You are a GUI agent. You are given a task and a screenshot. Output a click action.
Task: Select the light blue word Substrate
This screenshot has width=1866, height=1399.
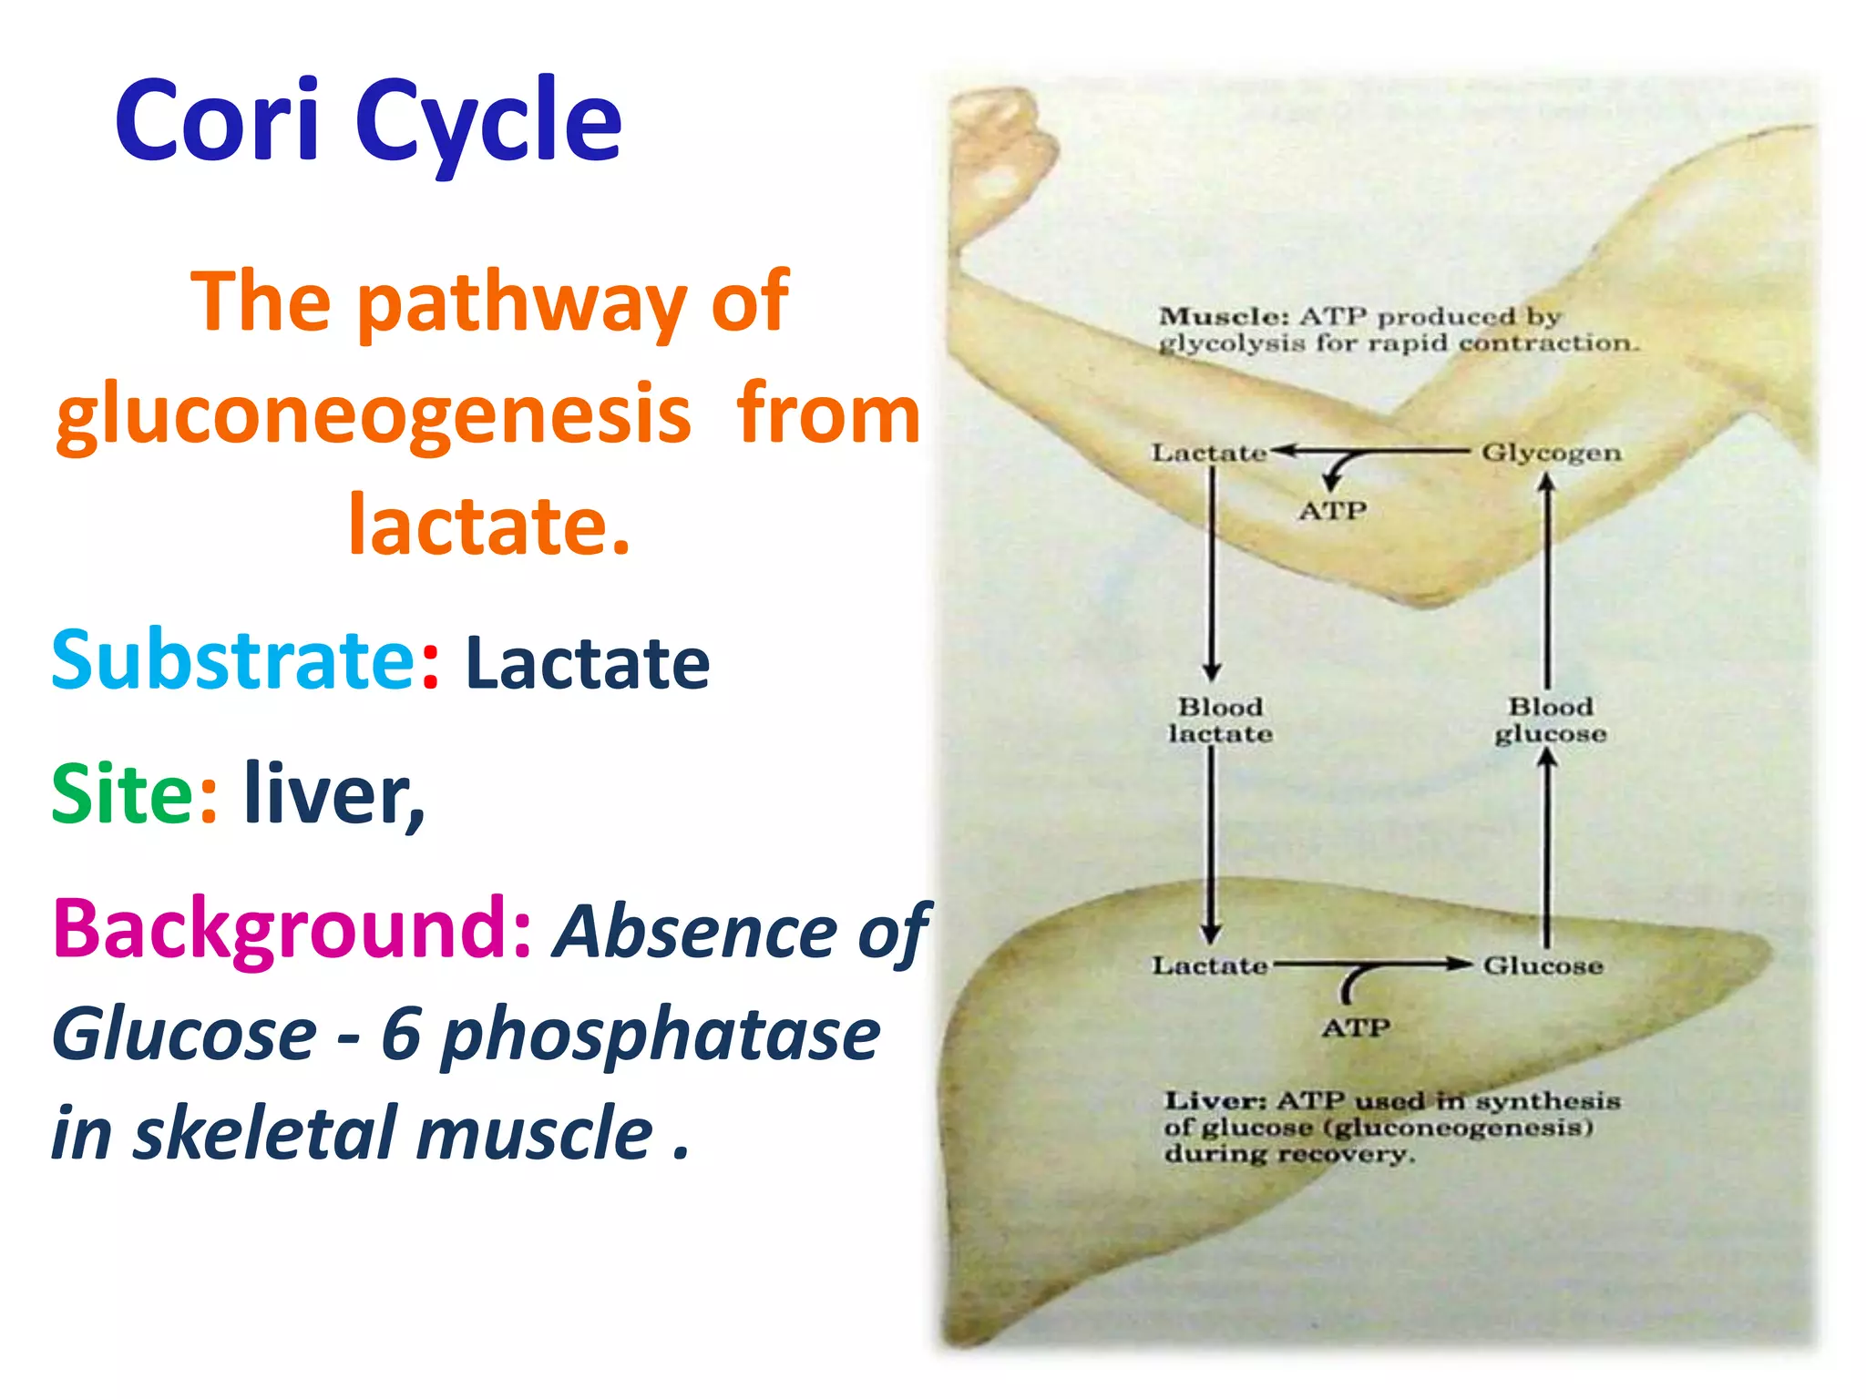(233, 660)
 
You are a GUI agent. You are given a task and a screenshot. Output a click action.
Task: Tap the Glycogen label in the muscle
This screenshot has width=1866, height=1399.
(1551, 453)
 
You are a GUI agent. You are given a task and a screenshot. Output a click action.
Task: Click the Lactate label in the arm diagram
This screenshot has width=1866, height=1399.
(1208, 453)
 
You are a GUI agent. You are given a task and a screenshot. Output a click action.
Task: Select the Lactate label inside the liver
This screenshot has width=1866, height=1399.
(1209, 965)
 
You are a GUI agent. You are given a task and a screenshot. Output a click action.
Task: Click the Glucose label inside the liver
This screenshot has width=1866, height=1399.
(1543, 965)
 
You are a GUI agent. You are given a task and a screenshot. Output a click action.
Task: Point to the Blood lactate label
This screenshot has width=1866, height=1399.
(1220, 720)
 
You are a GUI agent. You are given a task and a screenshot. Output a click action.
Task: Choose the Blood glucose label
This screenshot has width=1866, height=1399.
(1550, 720)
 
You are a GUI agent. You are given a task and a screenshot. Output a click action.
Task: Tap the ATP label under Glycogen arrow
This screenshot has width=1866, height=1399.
(1332, 511)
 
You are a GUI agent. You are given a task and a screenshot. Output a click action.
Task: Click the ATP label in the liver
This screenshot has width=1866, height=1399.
(1356, 1028)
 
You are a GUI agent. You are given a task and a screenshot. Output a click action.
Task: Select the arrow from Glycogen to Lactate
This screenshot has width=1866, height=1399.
(1376, 451)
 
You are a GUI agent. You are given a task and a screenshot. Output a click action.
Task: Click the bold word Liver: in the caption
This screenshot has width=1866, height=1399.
(1215, 1101)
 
